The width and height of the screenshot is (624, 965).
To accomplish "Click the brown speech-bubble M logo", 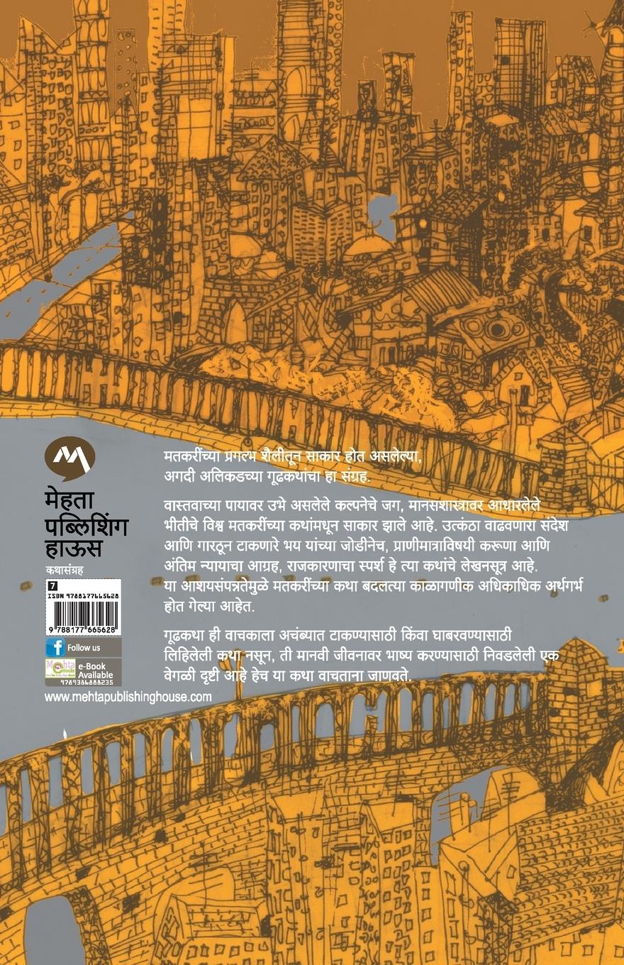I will tap(69, 458).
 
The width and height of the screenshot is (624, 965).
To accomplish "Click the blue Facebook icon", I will tap(55, 648).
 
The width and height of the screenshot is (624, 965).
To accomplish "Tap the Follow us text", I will tap(84, 648).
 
